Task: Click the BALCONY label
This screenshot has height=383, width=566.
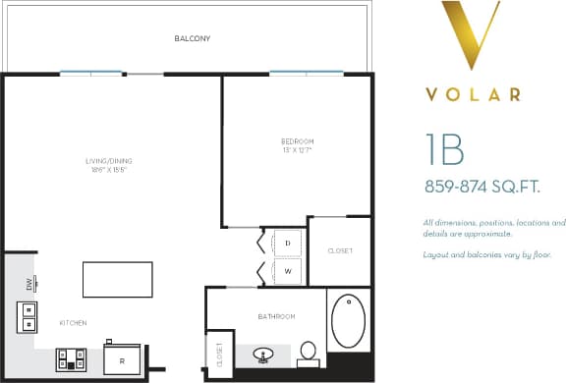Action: (193, 39)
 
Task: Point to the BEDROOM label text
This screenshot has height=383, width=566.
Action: (297, 141)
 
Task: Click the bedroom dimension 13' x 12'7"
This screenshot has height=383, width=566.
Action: (297, 150)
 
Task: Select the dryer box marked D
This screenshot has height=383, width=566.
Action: (288, 242)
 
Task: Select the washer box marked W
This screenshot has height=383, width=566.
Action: (288, 270)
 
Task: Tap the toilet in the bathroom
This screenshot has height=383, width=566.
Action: (308, 351)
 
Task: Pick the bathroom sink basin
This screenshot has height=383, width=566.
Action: (263, 354)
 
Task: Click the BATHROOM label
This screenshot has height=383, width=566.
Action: (276, 316)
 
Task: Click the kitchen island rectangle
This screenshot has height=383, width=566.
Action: (117, 280)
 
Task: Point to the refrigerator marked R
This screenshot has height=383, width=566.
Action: (122, 359)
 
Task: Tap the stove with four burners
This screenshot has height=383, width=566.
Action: (72, 360)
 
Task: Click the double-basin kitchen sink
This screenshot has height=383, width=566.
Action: (27, 316)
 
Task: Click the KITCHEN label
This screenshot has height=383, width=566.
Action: (73, 323)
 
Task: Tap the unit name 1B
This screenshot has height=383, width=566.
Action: (445, 148)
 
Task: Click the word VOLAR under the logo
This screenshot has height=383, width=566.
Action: (474, 95)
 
